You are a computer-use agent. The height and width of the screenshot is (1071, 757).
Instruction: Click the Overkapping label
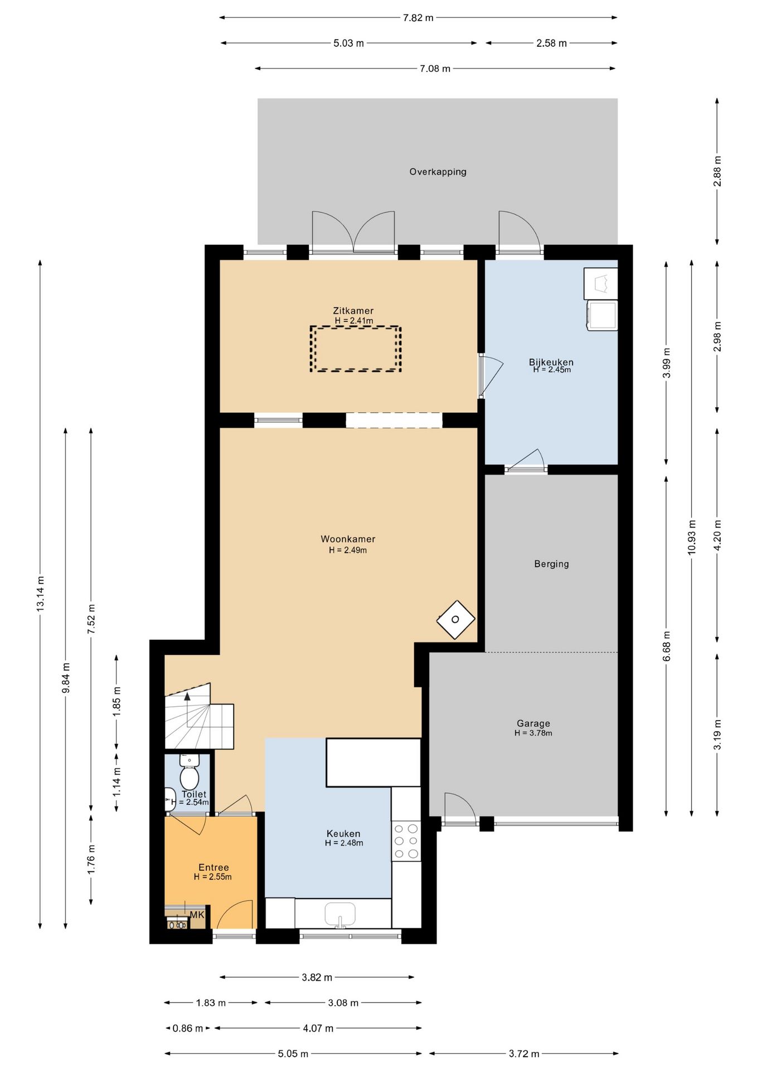click(x=438, y=172)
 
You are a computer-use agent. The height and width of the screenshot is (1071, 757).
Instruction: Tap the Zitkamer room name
click(x=353, y=311)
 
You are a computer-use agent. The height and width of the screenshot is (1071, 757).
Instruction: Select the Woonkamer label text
click(x=348, y=539)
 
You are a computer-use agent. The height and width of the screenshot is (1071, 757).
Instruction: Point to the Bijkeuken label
click(x=551, y=362)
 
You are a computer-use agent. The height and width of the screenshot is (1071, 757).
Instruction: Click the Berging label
click(x=551, y=563)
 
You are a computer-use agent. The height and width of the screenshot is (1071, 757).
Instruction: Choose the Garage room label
click(x=533, y=723)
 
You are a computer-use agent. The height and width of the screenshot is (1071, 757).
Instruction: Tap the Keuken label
click(x=343, y=833)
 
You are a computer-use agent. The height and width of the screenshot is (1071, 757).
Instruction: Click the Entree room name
click(x=213, y=867)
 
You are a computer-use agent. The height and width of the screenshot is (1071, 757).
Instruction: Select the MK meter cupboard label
click(x=197, y=915)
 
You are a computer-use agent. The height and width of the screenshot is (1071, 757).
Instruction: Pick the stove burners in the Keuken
click(x=406, y=841)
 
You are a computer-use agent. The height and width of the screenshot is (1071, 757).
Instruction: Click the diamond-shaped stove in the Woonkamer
click(x=455, y=619)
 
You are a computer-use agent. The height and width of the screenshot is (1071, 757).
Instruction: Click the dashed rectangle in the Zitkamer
click(x=356, y=349)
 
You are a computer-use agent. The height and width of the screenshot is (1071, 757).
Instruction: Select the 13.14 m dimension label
click(x=40, y=594)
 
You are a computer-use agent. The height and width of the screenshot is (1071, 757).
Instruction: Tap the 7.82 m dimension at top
click(x=418, y=18)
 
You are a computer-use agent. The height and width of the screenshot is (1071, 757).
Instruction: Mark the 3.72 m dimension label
click(x=524, y=1054)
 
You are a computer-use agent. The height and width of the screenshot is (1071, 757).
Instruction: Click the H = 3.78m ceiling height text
click(x=533, y=733)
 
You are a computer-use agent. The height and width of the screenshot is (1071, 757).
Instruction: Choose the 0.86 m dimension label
click(x=188, y=1028)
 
